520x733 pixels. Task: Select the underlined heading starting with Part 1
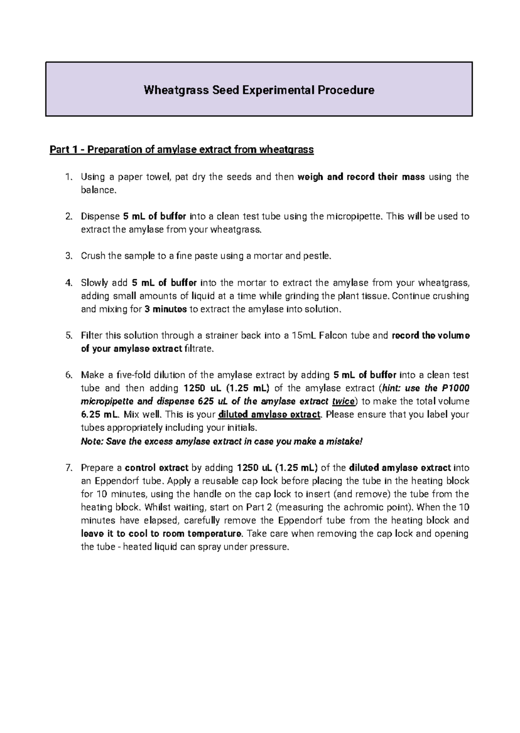(x=181, y=150)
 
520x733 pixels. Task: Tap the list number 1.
(x=67, y=177)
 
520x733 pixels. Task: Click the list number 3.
(x=68, y=256)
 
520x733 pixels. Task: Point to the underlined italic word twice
(x=343, y=402)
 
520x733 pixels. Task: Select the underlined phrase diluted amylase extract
(x=269, y=415)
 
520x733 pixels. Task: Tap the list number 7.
(x=68, y=468)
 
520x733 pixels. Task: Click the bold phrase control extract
(x=156, y=468)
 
